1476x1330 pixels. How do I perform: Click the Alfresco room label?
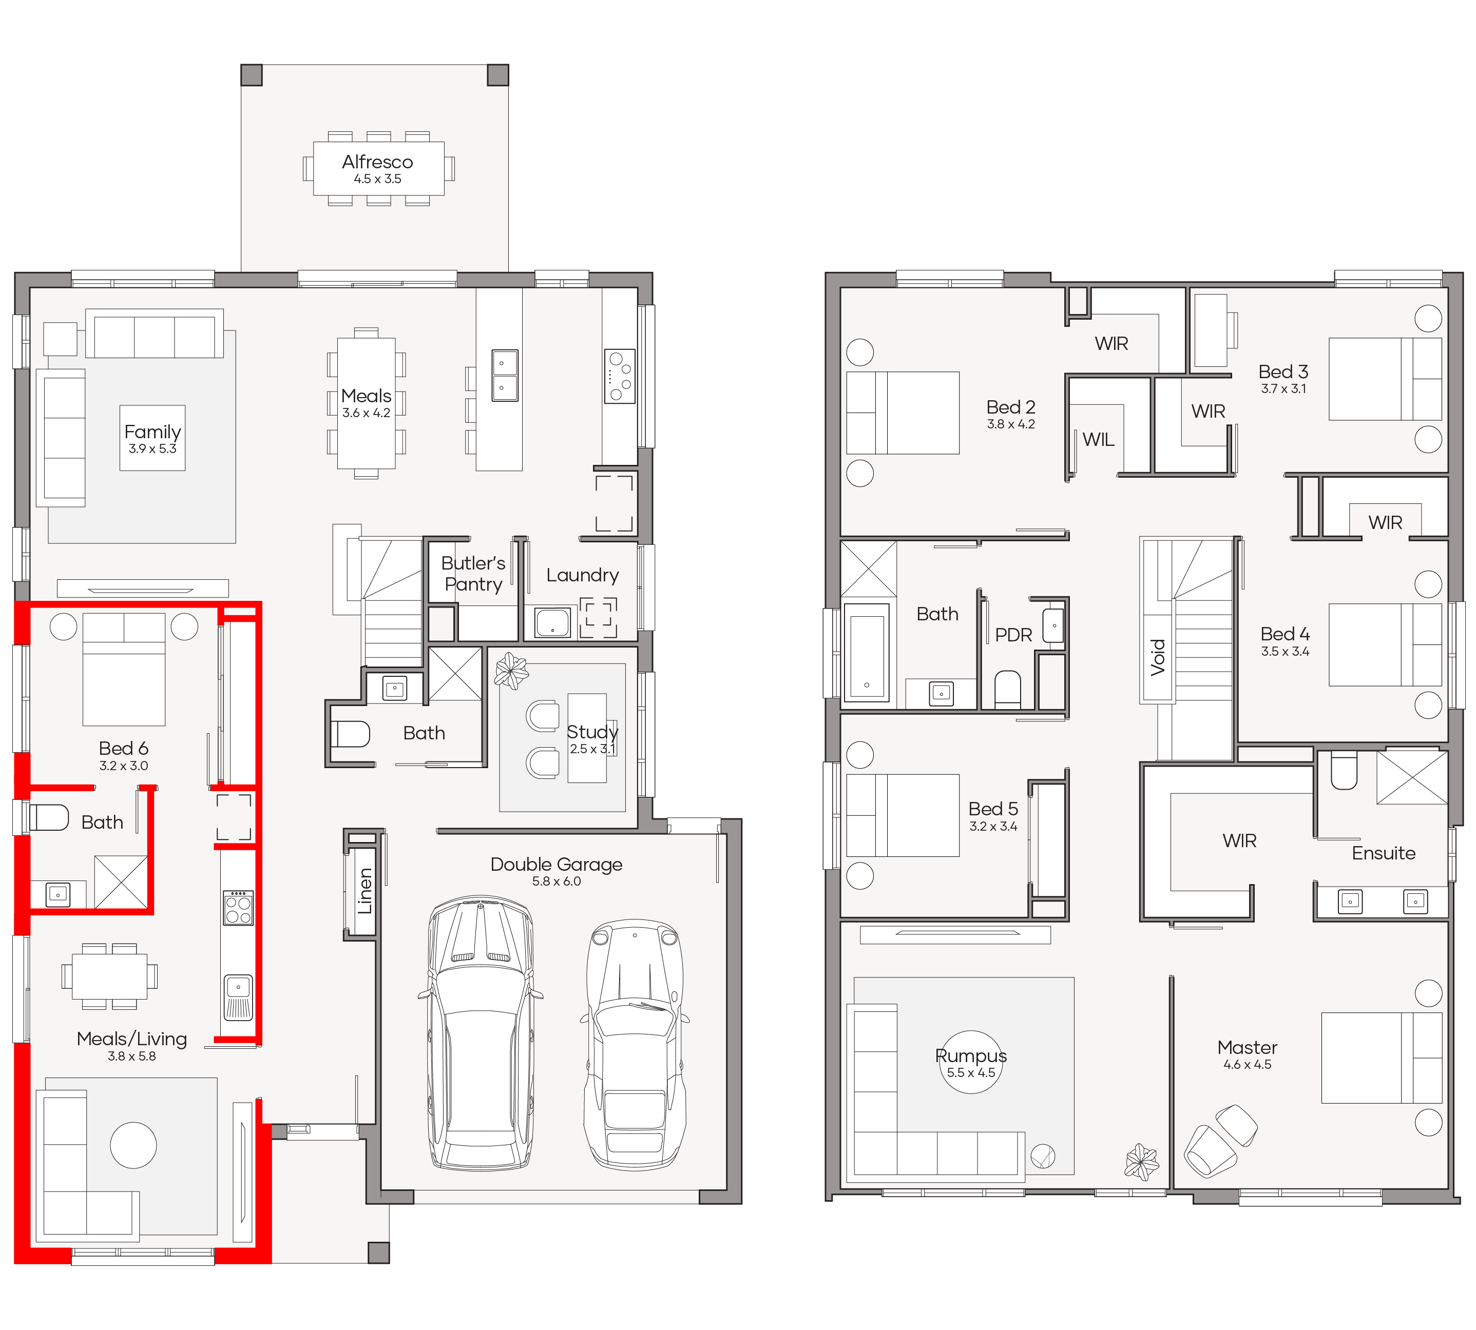pos(377,162)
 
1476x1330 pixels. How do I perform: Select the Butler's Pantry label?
pos(473,573)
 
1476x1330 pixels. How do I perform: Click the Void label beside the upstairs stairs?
pos(1157,657)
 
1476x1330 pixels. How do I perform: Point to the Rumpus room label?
pos(971,1055)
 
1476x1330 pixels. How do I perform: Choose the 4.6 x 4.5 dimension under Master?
pos(1247,1064)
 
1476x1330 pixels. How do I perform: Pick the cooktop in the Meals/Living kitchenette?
pos(238,908)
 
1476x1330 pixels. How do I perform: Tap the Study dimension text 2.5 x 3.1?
pos(592,748)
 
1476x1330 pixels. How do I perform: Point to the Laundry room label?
pos(583,575)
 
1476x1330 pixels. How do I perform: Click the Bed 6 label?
pos(124,748)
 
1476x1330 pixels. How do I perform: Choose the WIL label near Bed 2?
pos(1098,439)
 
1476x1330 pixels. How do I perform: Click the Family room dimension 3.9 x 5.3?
pos(153,448)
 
